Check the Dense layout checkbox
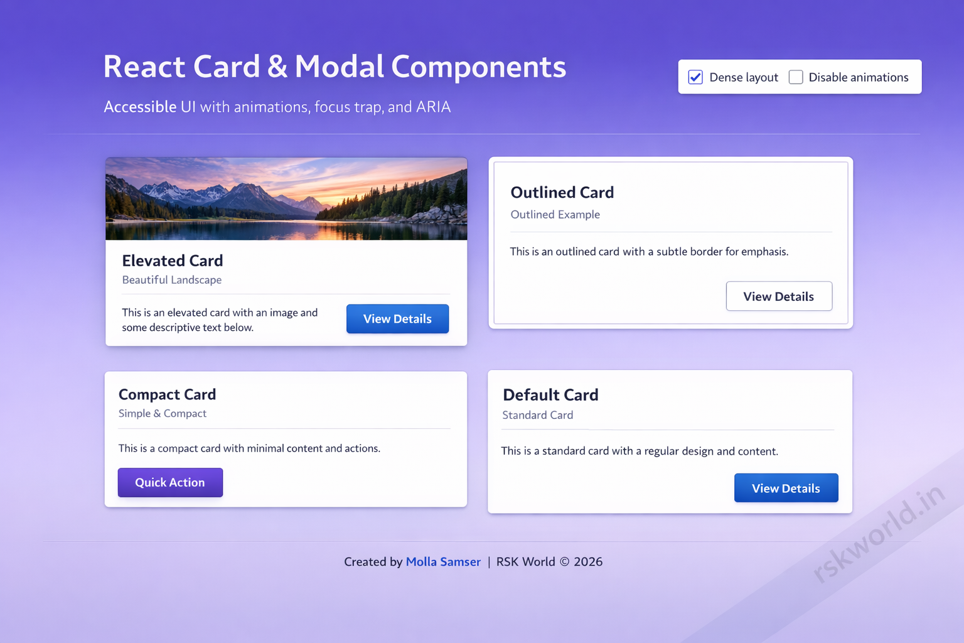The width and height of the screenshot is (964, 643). pos(695,77)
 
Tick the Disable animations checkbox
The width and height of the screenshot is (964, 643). pos(796,77)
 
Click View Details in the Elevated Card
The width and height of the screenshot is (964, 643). pos(397,319)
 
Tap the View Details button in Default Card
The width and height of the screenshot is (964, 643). pos(786,488)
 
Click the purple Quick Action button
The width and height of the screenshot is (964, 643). pos(170,482)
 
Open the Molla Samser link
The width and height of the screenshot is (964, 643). pos(443,561)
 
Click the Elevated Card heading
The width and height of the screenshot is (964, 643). pos(173,261)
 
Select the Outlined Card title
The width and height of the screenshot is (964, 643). pos(562,192)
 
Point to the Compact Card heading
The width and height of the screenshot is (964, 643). pos(167,394)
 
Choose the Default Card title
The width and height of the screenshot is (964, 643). pos(550,395)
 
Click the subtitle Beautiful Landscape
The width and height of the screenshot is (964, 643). pos(172,280)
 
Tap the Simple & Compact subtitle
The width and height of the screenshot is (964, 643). pos(163,413)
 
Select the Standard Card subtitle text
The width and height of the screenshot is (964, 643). pos(538,415)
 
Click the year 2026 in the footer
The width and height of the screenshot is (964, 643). pos(588,561)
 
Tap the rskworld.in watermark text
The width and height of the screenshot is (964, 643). pos(879,534)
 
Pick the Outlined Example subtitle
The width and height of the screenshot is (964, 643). pos(555,215)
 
